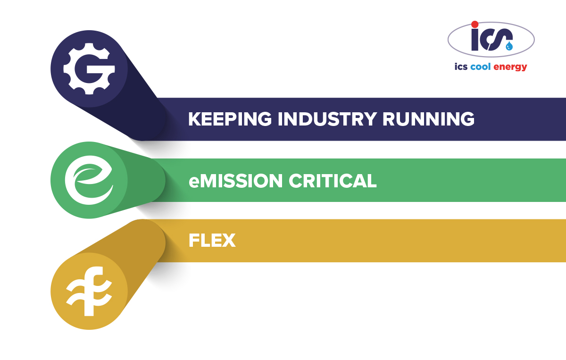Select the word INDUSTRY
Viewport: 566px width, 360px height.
pyautogui.click(x=327, y=119)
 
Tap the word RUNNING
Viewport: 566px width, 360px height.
pyautogui.click(x=429, y=119)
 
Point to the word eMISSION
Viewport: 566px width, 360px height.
pyautogui.click(x=235, y=181)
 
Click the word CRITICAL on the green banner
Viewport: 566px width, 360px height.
pyautogui.click(x=333, y=181)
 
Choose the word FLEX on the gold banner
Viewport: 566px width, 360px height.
pyautogui.click(x=212, y=240)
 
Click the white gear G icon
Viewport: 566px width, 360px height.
pyautogui.click(x=89, y=68)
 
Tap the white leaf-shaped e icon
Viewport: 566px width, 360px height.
pyautogui.click(x=89, y=180)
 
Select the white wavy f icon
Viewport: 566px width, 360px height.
pyautogui.click(x=89, y=291)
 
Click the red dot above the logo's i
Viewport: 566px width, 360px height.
pyautogui.click(x=475, y=24)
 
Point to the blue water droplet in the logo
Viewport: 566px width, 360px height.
pyautogui.click(x=509, y=46)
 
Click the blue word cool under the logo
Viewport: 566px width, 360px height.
pyautogui.click(x=480, y=67)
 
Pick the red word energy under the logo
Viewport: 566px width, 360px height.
pyautogui.click(x=510, y=67)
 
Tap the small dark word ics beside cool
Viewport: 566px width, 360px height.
pyautogui.click(x=461, y=67)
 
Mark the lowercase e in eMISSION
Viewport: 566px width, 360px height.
pyautogui.click(x=194, y=183)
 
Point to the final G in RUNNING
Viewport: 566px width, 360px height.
pyautogui.click(x=467, y=119)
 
